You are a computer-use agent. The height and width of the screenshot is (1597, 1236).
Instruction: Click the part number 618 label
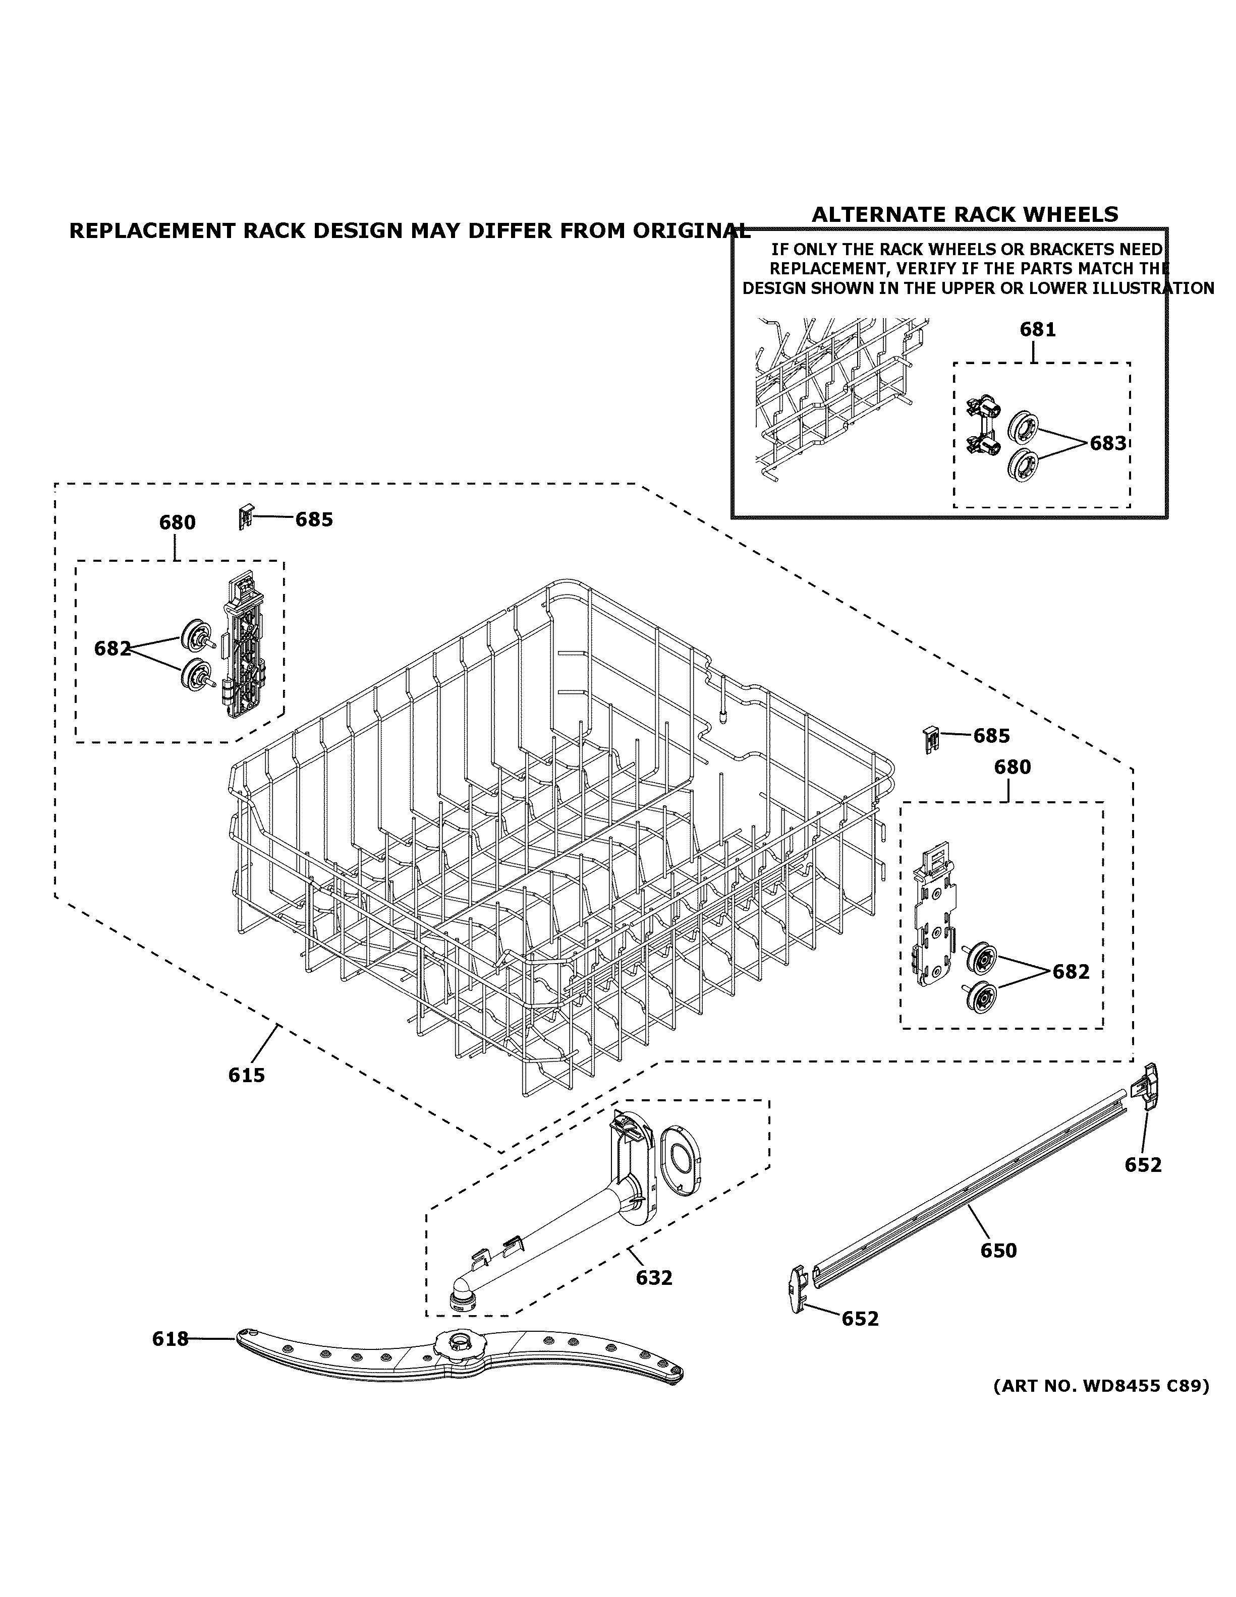tap(170, 1339)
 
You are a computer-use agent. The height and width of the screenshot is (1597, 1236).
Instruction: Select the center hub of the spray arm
tap(459, 1342)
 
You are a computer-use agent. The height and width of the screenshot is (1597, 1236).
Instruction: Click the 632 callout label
tap(653, 1277)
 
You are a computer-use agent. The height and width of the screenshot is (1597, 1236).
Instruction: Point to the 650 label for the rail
tap(998, 1251)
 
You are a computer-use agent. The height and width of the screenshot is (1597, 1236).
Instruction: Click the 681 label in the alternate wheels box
tap(1038, 330)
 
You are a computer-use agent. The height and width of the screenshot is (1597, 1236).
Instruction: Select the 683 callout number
tap(1107, 443)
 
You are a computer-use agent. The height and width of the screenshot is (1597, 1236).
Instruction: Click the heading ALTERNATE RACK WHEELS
tap(965, 214)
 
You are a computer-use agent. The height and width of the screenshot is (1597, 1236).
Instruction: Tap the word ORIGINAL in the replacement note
tap(691, 230)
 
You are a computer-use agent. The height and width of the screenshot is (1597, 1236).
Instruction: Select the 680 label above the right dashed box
tap(1012, 767)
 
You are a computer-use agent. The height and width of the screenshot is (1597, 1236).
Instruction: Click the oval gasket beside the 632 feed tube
tap(681, 1161)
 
